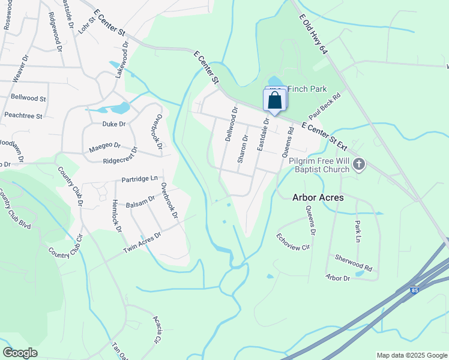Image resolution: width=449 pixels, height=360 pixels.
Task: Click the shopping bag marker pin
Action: pos(276,100)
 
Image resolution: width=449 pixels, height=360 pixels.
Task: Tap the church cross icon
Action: pos(359,164)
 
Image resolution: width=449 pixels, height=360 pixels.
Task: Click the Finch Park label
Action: pos(307,89)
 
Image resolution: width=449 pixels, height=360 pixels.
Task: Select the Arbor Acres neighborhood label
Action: pos(318,197)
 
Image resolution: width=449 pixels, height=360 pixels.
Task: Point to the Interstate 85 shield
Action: pos(415,290)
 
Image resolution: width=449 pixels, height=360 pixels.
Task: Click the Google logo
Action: pos(20,353)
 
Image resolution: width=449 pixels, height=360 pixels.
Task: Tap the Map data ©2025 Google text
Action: pos(411,355)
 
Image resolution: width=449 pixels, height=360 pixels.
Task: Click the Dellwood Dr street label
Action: pos(231,124)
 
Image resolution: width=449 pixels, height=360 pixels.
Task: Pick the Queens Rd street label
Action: pos(291,138)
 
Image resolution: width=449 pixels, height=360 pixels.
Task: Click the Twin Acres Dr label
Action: pos(142,242)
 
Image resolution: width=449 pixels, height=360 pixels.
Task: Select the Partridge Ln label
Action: pos(139,178)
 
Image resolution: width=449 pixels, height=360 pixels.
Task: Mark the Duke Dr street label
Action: pos(113,124)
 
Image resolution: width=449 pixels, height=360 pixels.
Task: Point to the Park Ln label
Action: pos(359,230)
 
